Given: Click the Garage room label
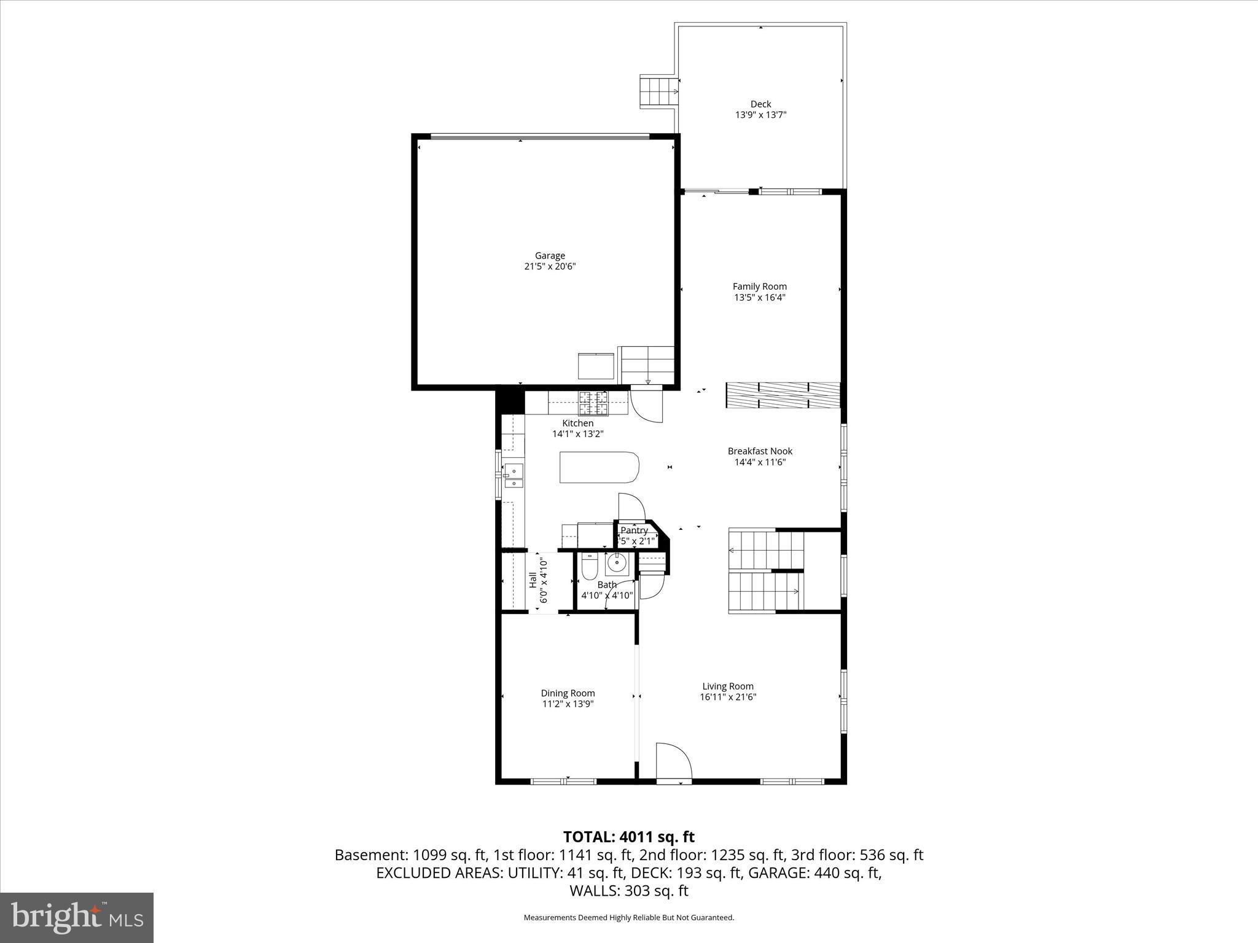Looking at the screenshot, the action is coord(550,255).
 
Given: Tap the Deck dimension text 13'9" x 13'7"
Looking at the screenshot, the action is coord(760,115).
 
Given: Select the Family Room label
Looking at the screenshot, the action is coord(760,286).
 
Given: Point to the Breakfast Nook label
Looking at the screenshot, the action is coord(760,451).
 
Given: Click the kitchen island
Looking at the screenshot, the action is coord(600,468).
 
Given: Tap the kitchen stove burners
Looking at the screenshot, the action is coord(592,403).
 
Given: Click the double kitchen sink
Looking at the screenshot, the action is coord(514,476).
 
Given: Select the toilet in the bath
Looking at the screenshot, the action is coord(588,567).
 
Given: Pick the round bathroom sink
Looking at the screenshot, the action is coord(615,562).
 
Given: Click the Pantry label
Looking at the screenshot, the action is coord(634,530).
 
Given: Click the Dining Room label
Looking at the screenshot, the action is coord(568,693).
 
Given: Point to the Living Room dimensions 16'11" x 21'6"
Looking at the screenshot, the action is coord(728,697).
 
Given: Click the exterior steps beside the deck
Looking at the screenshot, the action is coord(658,91).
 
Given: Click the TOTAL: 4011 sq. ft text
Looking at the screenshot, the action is coord(629,837).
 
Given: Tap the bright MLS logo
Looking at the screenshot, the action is coord(77,917).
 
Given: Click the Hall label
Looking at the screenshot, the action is coord(533,580).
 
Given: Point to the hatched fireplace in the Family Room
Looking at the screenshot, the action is coord(783,395).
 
